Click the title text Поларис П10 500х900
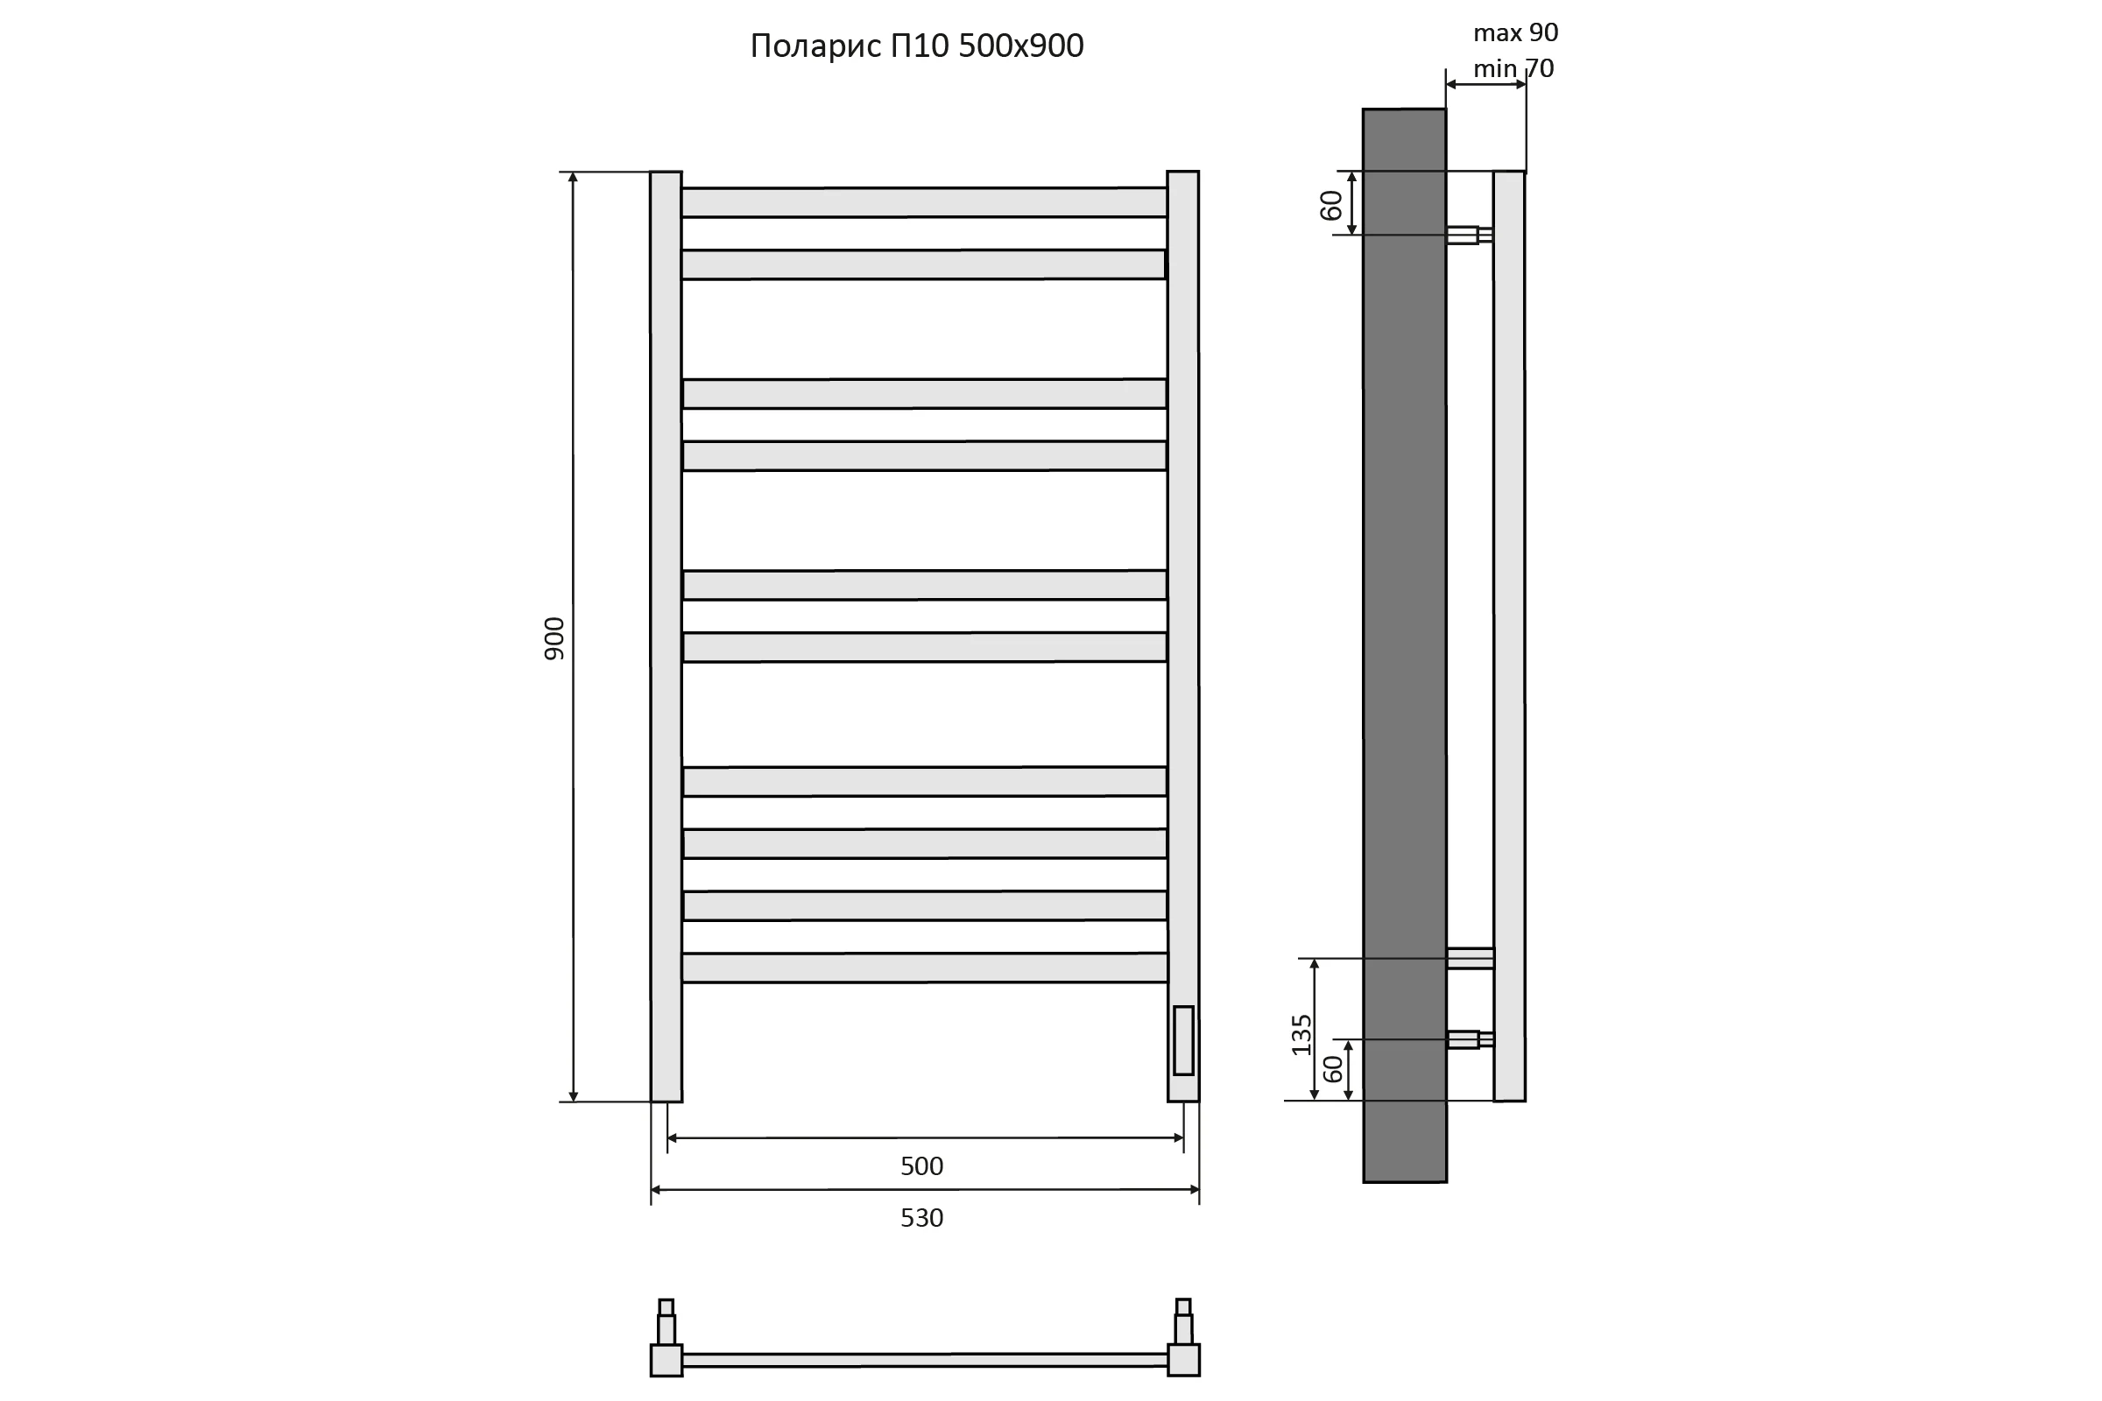click(917, 46)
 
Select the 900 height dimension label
click(554, 639)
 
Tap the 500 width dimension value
click(921, 1166)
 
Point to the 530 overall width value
click(921, 1218)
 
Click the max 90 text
click(1516, 32)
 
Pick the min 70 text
click(1514, 68)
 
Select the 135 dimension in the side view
click(1301, 1035)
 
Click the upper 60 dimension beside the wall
click(1330, 206)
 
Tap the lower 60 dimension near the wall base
click(1332, 1068)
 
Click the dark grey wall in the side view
click(1404, 645)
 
